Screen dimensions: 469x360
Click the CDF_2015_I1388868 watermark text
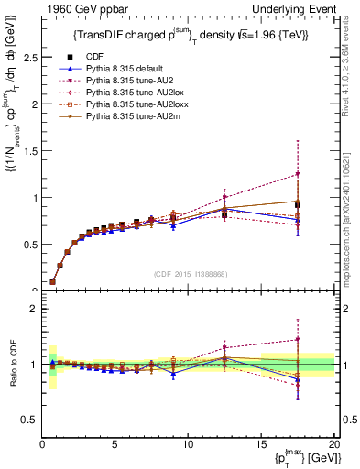click(190, 274)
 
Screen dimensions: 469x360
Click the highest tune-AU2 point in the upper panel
click(298, 174)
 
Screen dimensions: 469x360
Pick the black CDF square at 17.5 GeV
click(298, 205)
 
